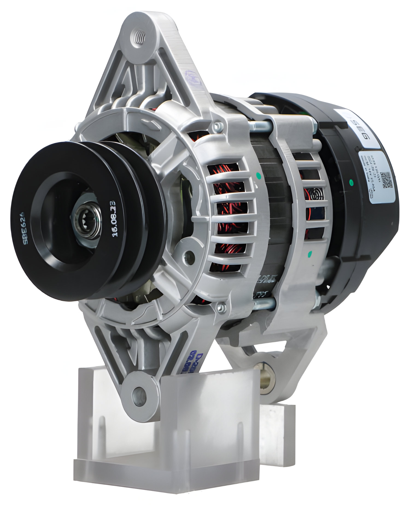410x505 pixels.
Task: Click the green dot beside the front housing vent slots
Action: (257, 174)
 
